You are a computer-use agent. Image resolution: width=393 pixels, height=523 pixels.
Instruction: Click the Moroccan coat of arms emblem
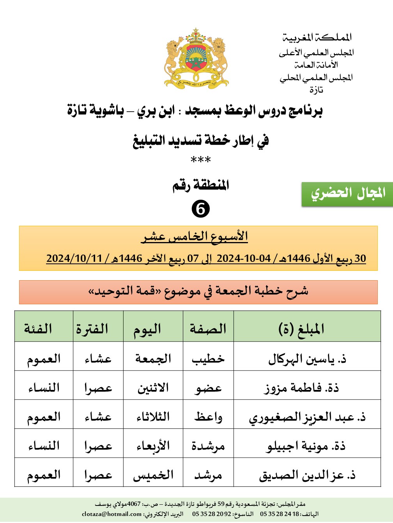point(196,58)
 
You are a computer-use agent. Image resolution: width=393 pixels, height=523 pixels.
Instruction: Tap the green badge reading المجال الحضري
point(347,193)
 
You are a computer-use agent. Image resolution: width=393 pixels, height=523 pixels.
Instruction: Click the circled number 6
point(200,209)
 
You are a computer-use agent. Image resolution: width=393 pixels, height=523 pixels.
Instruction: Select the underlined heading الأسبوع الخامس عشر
point(195,237)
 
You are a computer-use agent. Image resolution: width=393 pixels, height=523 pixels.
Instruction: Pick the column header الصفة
point(208,329)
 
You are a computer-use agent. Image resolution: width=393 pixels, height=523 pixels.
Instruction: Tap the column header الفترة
point(92,329)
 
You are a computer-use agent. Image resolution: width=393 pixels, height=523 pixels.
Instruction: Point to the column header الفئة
point(38,329)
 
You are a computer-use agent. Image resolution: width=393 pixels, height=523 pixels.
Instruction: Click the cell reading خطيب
point(208,359)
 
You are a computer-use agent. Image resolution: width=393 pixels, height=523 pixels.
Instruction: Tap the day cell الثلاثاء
point(153,417)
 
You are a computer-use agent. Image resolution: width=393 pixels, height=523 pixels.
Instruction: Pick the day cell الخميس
point(153,475)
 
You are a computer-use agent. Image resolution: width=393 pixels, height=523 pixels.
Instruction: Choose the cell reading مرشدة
point(208,446)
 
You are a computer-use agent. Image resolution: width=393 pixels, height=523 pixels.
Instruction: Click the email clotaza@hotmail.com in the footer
point(112,514)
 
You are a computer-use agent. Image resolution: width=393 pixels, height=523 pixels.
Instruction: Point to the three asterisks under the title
point(200,160)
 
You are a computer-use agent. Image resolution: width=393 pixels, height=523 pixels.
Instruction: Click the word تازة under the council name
point(316,90)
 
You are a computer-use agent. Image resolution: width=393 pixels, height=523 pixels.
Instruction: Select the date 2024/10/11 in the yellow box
point(74,258)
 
